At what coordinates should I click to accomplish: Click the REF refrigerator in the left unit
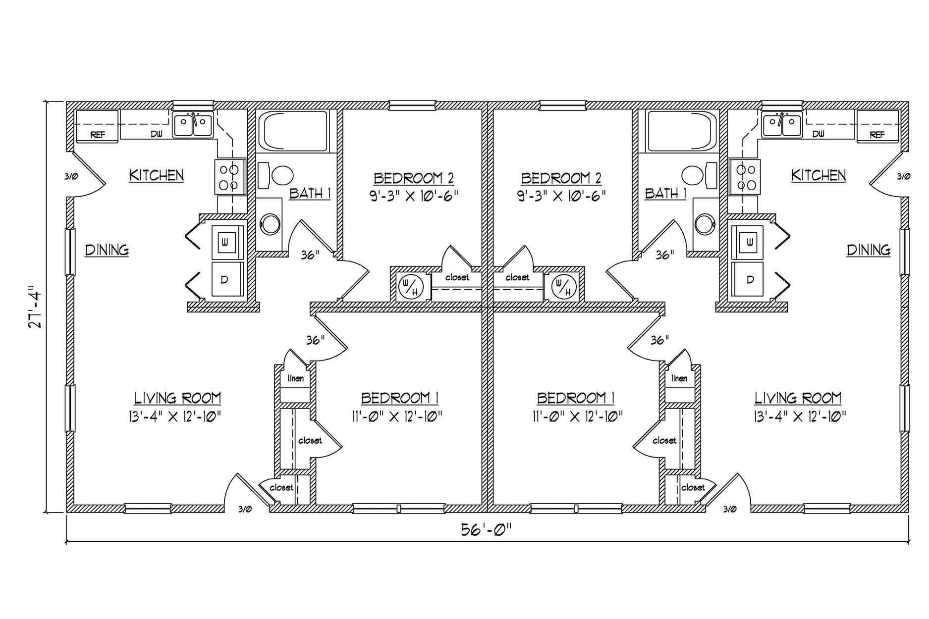(97, 127)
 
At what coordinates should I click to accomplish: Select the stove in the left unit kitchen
(230, 177)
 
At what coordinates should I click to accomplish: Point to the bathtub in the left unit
(293, 131)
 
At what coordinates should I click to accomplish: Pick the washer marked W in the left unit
(227, 243)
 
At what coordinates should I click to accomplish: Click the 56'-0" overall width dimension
(486, 530)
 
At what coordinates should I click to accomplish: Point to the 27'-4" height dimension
(35, 307)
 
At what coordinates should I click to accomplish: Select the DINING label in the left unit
(107, 250)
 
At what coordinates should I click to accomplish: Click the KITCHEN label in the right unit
(818, 175)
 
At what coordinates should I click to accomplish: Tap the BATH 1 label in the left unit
(310, 193)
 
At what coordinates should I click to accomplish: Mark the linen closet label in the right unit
(679, 378)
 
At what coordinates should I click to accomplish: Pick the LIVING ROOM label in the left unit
(177, 398)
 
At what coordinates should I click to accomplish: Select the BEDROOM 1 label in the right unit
(576, 398)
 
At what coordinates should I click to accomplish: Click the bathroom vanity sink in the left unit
(271, 224)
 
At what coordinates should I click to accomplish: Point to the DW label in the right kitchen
(819, 134)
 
